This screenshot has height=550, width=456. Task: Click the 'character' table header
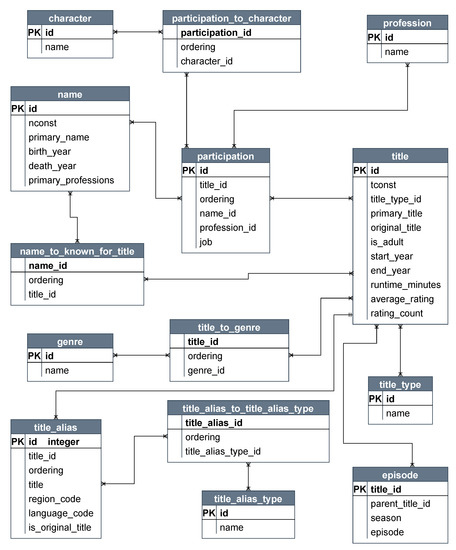point(70,17)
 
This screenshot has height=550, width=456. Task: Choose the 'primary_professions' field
point(71,181)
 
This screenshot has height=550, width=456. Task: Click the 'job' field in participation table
point(207,241)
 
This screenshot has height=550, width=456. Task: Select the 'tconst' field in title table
point(386,184)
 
